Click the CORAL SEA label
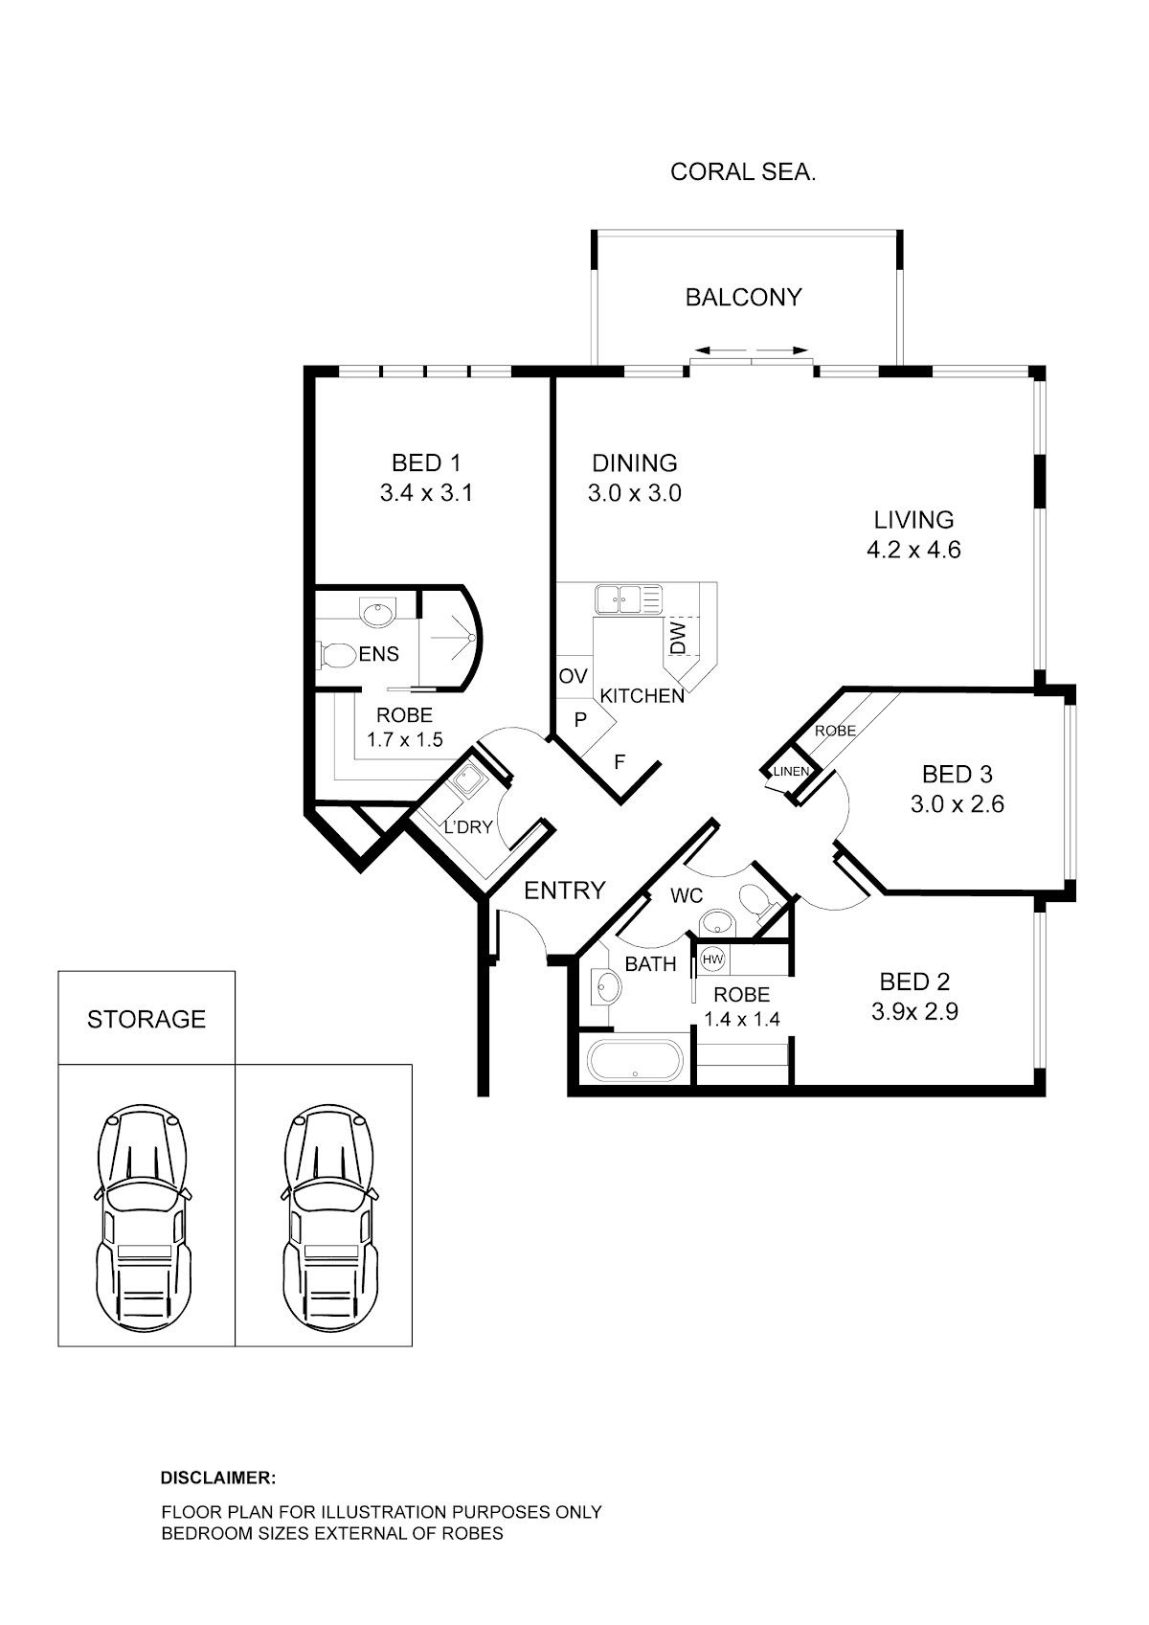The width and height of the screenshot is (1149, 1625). click(743, 172)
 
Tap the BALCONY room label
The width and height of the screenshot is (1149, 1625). click(744, 297)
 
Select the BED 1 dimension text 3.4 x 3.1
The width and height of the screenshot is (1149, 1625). click(426, 493)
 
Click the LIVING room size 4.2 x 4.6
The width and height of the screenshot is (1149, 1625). click(914, 550)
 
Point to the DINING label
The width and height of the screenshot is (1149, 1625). click(635, 463)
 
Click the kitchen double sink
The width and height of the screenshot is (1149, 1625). click(628, 599)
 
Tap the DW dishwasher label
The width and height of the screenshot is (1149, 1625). click(678, 638)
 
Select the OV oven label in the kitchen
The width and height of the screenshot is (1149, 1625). click(573, 676)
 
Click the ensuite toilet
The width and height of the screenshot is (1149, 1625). click(333, 656)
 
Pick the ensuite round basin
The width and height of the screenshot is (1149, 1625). click(378, 614)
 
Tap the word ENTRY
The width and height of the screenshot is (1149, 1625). click(564, 891)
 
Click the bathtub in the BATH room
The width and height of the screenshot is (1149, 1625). click(635, 1061)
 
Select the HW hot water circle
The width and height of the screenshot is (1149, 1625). click(713, 959)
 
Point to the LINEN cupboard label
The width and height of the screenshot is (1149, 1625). click(791, 771)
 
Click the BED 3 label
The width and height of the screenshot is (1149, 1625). click(957, 774)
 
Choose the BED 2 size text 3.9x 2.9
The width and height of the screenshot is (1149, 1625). click(914, 1011)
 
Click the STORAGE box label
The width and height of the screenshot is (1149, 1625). click(146, 1019)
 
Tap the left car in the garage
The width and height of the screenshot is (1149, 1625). click(144, 1226)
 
